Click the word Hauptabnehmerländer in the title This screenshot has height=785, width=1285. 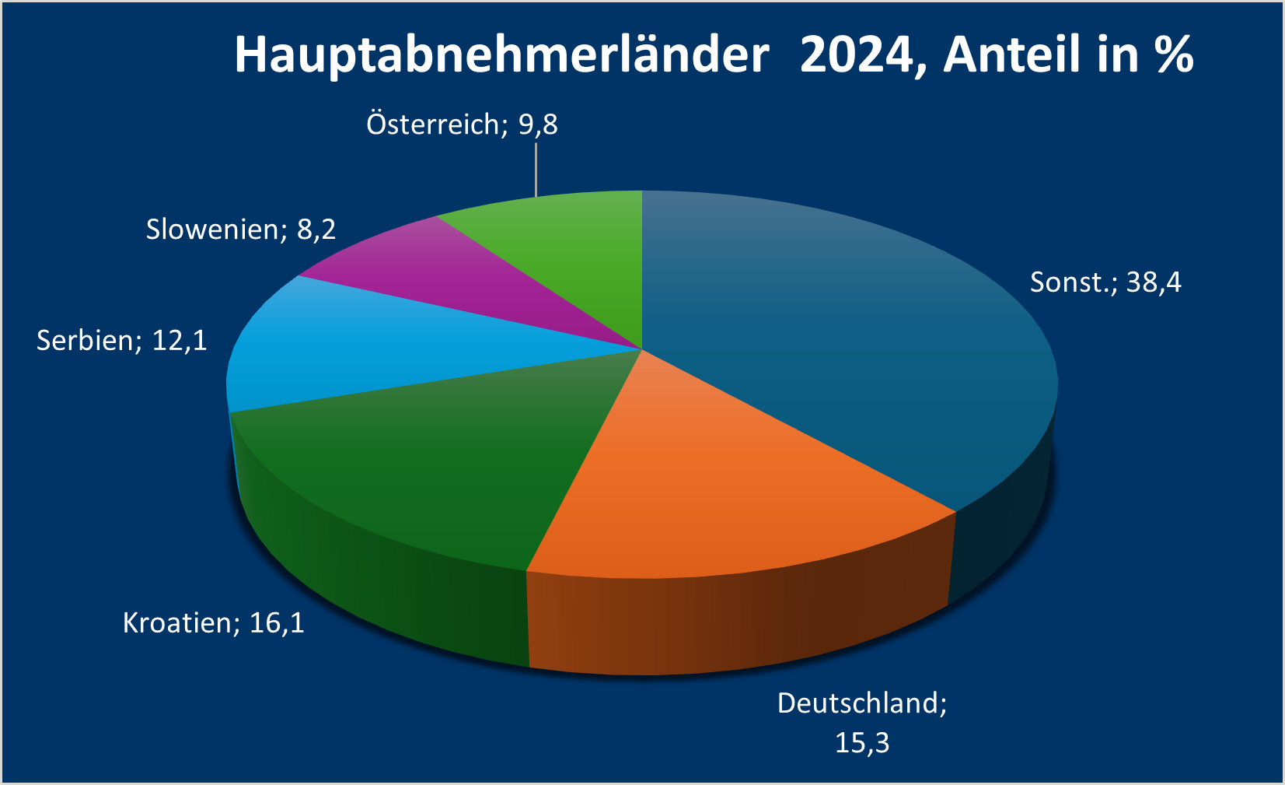click(501, 55)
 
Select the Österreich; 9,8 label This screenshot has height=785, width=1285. click(462, 124)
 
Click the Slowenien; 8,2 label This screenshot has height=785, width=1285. click(241, 230)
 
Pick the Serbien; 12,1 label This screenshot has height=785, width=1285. click(122, 341)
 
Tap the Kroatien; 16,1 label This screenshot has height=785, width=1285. click(213, 623)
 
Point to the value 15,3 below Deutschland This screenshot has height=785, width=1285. click(862, 743)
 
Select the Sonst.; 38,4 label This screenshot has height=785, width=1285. click(1105, 282)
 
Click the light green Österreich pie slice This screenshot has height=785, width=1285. click(575, 249)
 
